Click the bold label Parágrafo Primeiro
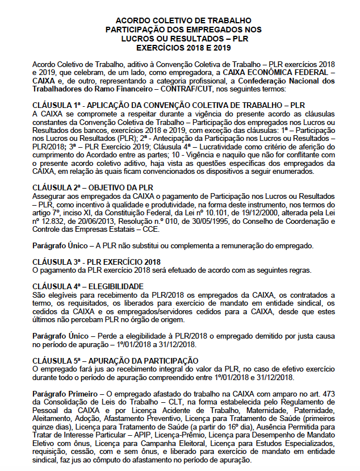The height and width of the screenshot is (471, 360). click(64, 393)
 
